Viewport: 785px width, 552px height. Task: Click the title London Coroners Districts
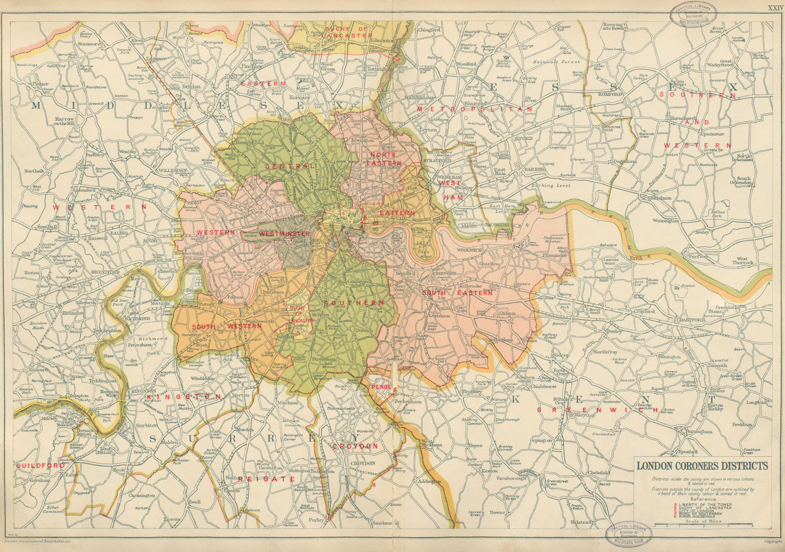(x=702, y=466)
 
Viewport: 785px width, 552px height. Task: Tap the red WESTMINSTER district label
(x=285, y=234)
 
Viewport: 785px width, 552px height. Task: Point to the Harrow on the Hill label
(x=64, y=121)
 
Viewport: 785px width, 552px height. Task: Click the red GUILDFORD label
(x=35, y=465)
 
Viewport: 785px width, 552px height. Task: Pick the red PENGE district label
(x=381, y=387)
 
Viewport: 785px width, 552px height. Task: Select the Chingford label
(x=429, y=30)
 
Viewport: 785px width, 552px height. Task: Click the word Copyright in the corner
(x=773, y=542)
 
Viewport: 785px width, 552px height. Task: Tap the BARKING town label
(x=534, y=169)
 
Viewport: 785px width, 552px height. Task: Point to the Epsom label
(x=172, y=519)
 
